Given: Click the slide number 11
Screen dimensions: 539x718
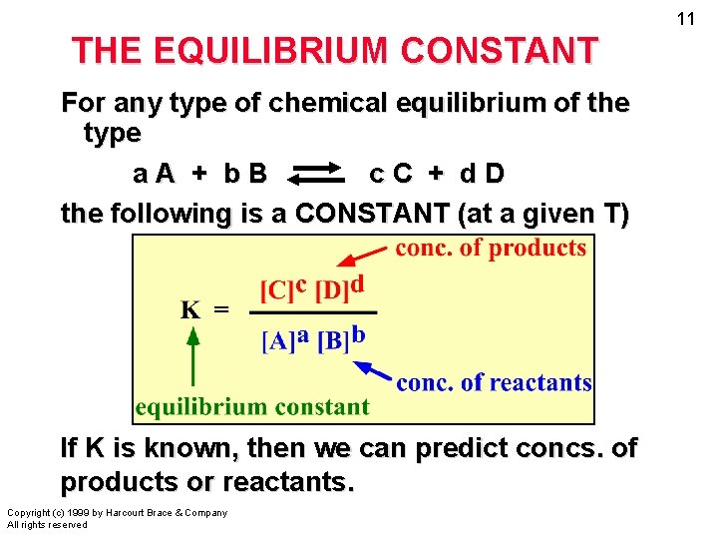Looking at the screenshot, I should (685, 19).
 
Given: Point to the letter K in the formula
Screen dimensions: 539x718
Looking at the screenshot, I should (189, 309).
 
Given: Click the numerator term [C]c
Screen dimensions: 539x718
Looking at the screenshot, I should (283, 289).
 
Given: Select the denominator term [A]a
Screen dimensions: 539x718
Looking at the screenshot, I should (284, 340).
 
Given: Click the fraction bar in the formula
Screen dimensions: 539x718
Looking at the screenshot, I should (311, 313).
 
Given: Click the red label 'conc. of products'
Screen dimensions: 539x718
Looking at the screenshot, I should (491, 249).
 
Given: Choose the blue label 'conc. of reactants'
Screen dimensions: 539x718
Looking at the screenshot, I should (494, 382).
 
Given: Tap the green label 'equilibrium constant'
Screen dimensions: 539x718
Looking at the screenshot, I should (252, 406).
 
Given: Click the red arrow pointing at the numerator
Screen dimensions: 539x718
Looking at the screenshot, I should (358, 257).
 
